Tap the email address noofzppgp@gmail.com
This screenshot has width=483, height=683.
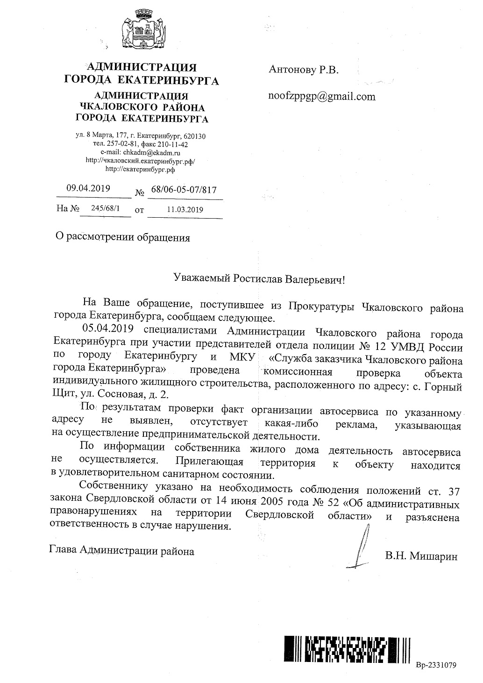click(322, 96)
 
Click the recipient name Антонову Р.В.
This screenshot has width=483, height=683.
click(303, 70)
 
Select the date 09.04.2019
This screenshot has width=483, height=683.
click(88, 189)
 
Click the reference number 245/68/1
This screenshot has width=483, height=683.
click(105, 209)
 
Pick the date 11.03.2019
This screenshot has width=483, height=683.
click(185, 210)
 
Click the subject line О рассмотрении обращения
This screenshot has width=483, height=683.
click(123, 237)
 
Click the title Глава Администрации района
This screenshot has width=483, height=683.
click(122, 551)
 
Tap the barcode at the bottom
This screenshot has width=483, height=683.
click(348, 649)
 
